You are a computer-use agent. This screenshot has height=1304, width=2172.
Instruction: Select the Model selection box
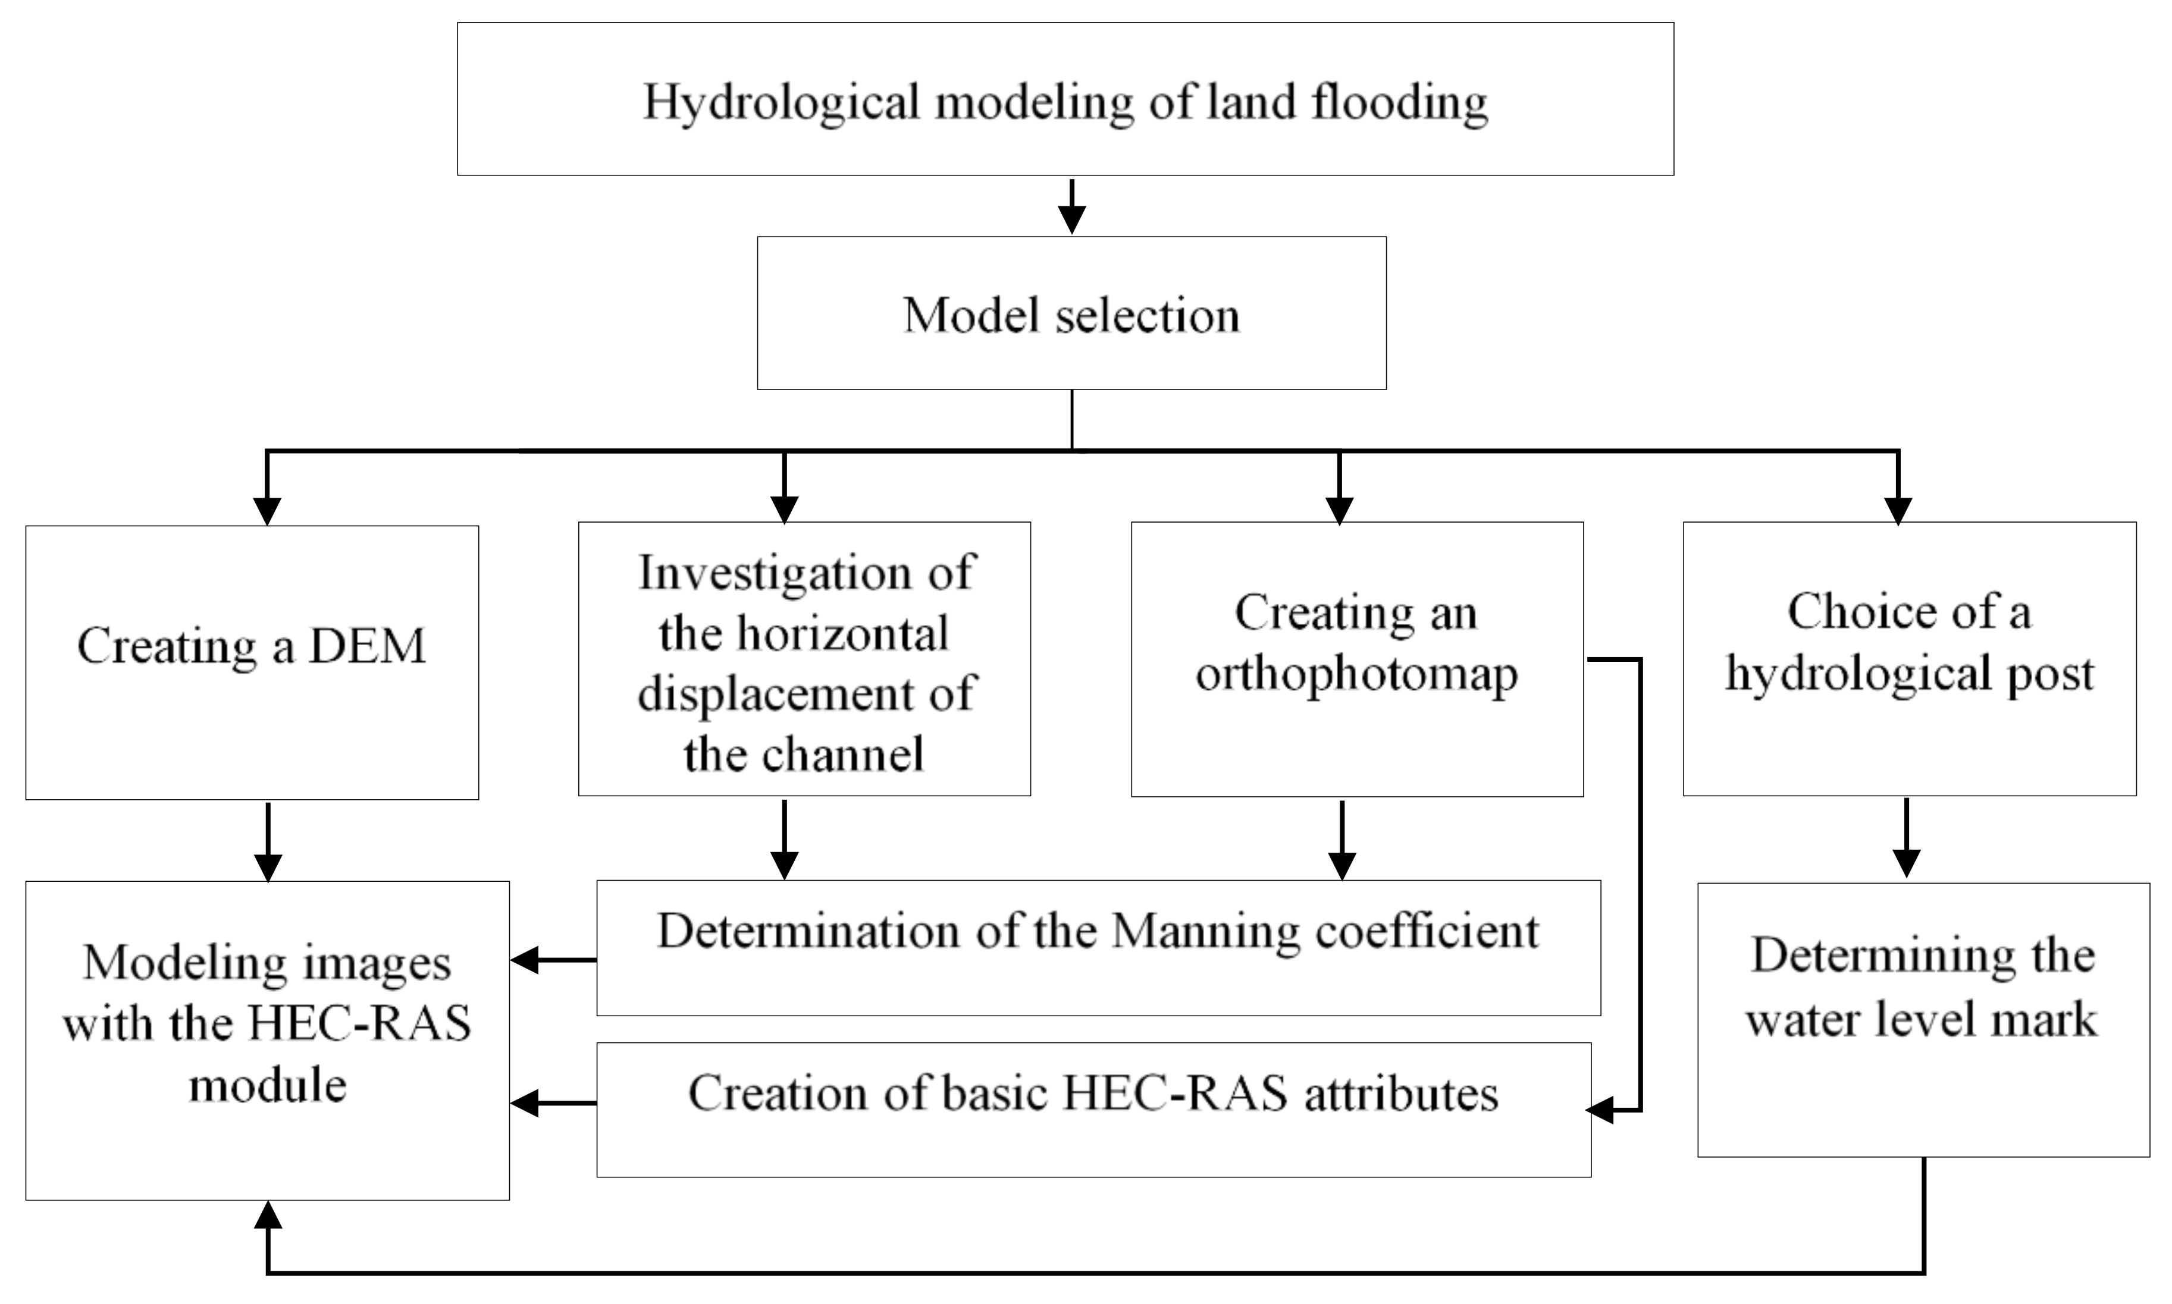point(1071,314)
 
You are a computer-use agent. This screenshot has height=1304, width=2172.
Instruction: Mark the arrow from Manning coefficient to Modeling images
point(554,960)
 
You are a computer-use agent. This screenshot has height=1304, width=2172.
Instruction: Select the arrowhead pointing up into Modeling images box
point(267,1216)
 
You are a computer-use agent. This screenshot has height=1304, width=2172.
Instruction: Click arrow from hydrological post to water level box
point(1905,839)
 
